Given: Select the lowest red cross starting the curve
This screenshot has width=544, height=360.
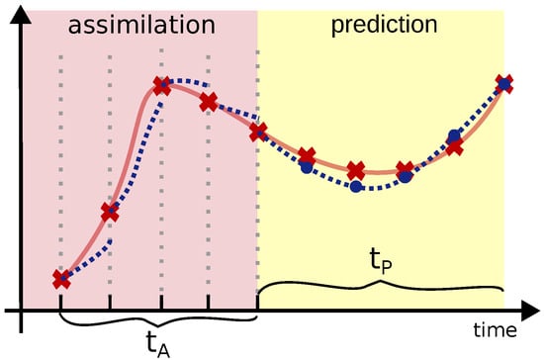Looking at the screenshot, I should [61, 279].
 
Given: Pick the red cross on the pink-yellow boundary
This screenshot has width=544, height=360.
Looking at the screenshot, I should [258, 132].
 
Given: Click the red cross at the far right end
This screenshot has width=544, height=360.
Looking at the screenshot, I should [504, 84].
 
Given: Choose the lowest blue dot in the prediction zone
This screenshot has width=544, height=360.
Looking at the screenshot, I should [356, 185].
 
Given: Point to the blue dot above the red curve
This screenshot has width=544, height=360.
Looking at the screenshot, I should [454, 135].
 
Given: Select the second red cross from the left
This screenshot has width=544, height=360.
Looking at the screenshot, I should [110, 211].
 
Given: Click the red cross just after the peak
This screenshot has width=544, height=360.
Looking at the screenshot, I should [209, 102].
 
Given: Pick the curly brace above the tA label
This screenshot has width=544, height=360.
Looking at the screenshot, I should [158, 319].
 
